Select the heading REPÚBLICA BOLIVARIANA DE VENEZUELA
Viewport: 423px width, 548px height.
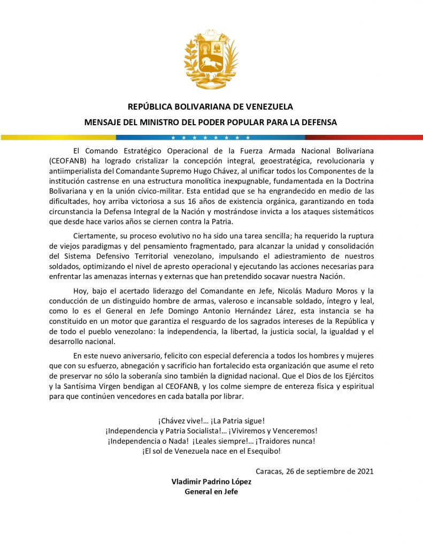tap(211, 106)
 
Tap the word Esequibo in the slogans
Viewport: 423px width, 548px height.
tap(263, 451)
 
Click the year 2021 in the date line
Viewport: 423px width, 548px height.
tap(364, 471)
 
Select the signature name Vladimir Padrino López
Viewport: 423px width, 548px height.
tap(211, 481)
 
